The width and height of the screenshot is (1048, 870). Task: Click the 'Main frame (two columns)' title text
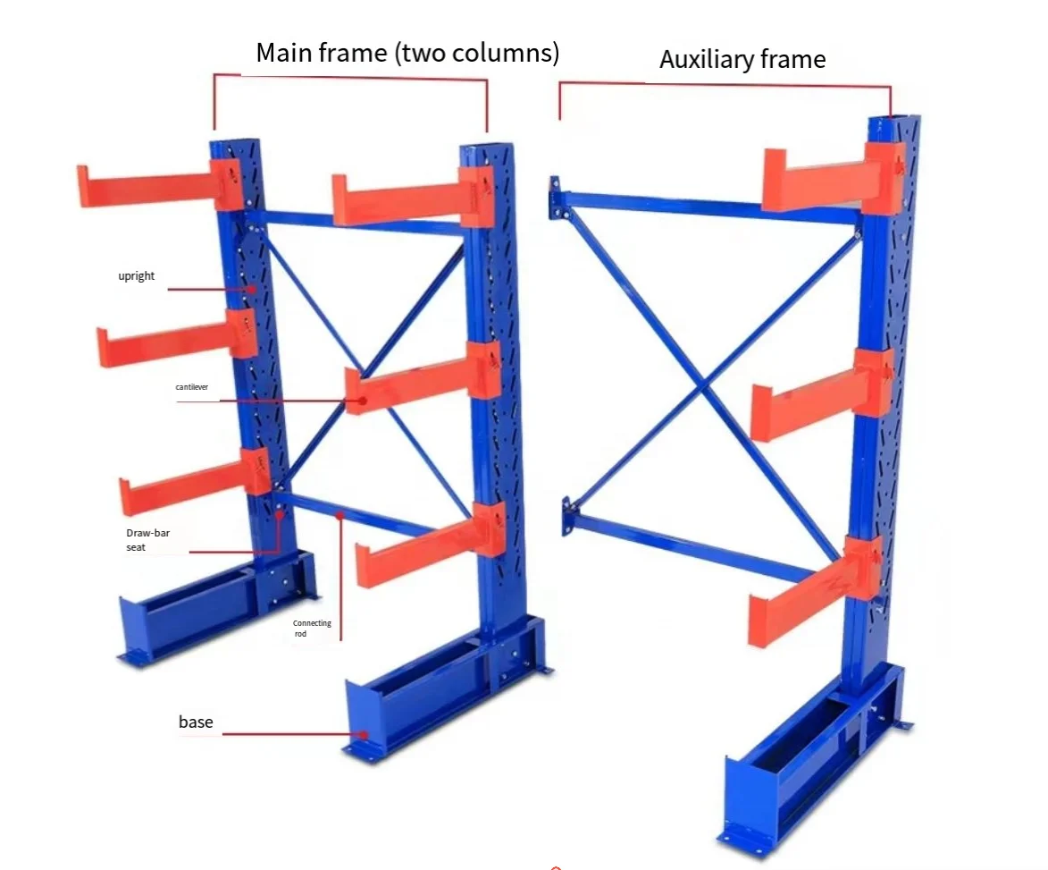pos(407,53)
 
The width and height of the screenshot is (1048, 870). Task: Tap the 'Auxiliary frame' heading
pos(742,60)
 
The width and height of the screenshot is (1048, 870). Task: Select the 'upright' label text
pos(136,276)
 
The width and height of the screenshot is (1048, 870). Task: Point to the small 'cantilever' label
pos(191,387)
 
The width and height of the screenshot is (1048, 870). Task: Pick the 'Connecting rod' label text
pos(313,629)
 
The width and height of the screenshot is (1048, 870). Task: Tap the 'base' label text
pos(196,722)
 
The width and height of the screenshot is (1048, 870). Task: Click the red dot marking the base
pos(364,734)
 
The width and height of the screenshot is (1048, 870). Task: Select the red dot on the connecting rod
pos(340,515)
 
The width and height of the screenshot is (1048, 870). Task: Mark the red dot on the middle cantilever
pos(362,401)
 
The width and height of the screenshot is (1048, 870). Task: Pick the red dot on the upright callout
pos(253,289)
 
